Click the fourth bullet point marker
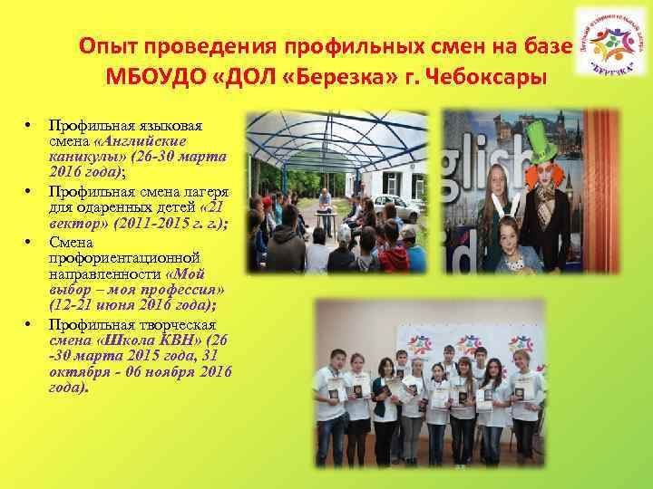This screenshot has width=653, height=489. pos(29,322)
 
